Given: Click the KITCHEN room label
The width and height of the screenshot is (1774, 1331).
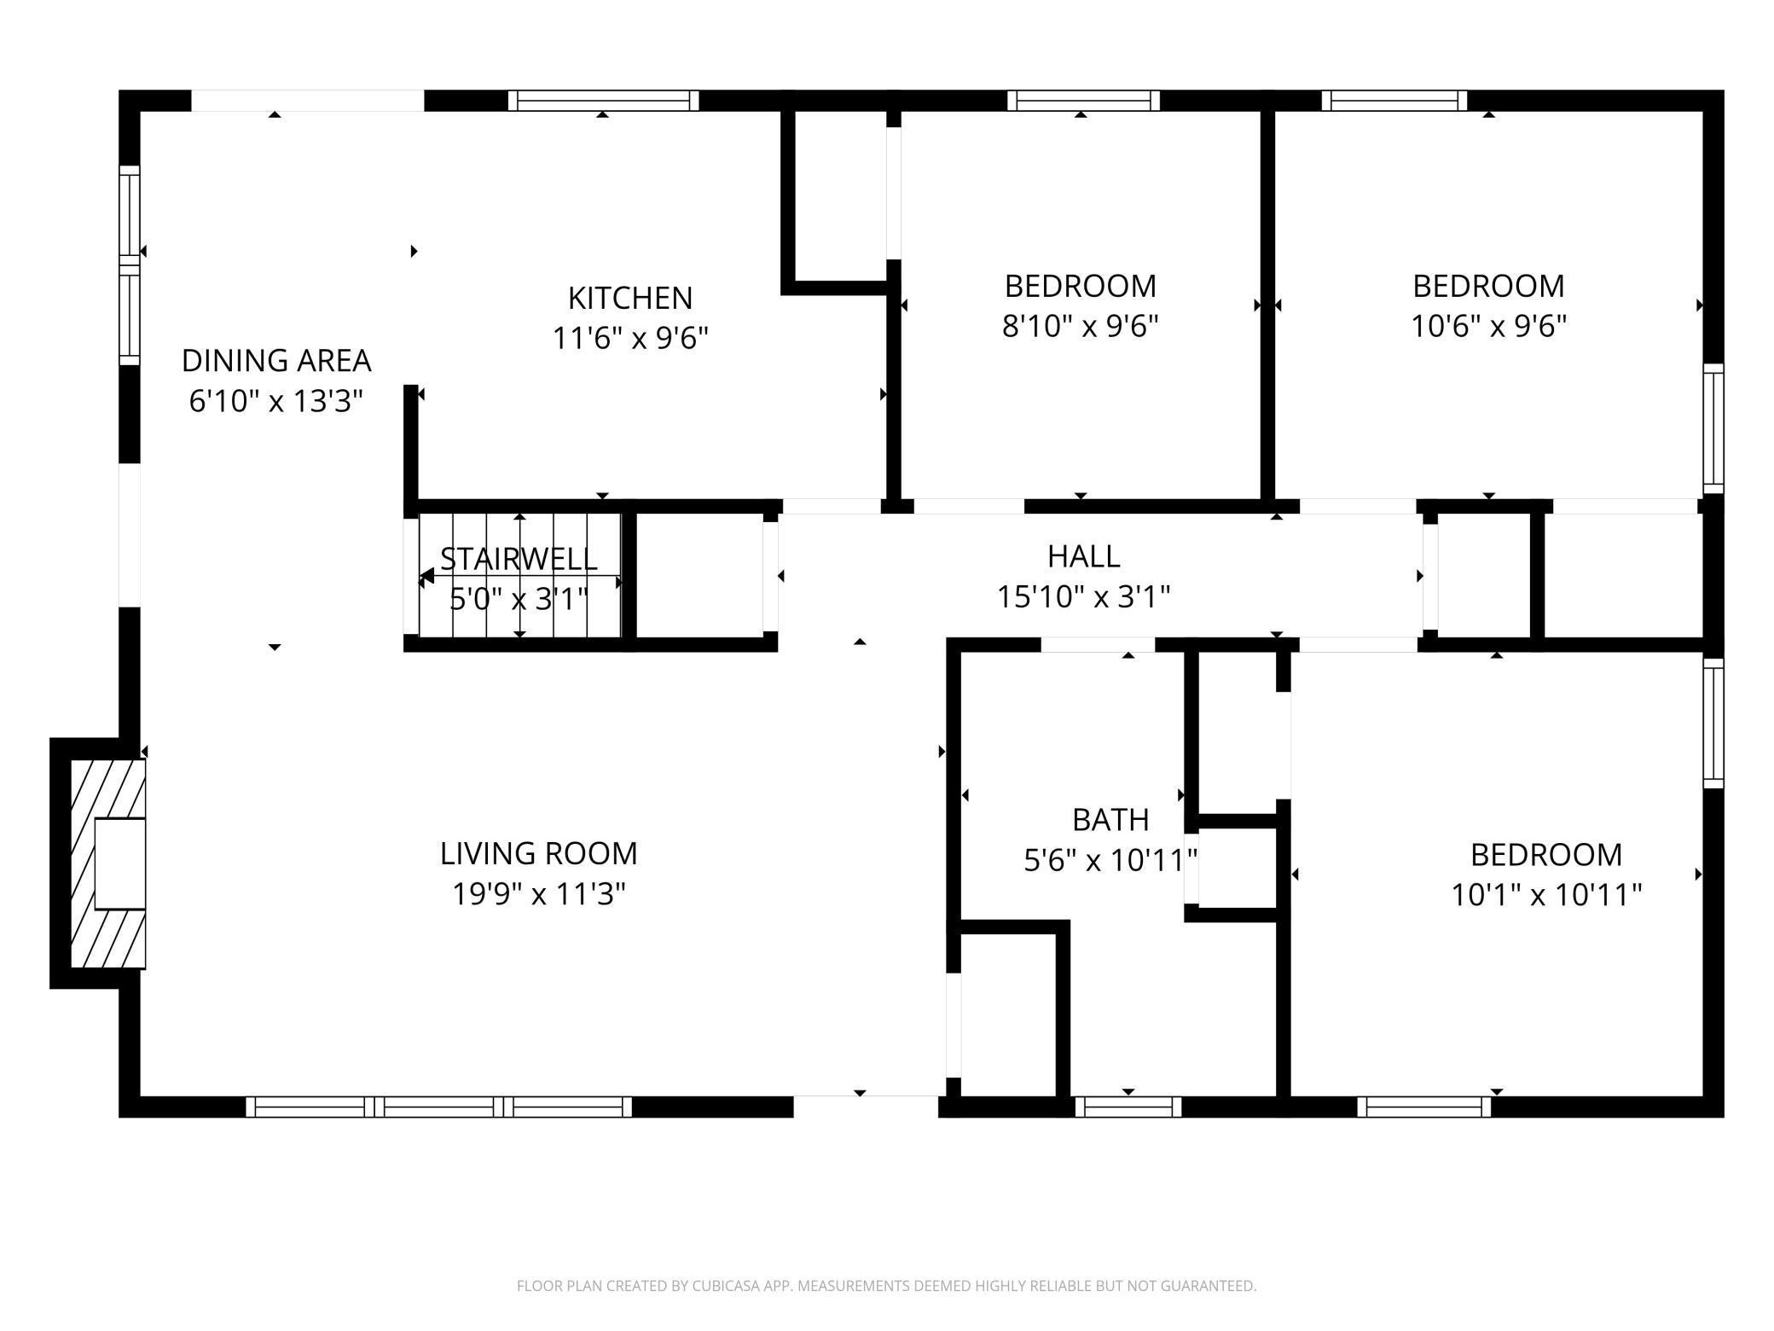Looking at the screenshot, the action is tap(630, 298).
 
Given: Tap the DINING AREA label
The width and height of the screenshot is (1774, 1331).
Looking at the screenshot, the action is tap(276, 361).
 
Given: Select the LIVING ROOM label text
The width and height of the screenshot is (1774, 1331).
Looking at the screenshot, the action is tap(538, 853).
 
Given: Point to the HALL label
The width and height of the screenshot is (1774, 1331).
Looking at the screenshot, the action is tap(1083, 556).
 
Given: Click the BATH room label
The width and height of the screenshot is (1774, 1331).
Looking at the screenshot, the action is tap(1110, 820).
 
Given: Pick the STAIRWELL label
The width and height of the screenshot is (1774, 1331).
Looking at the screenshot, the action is tap(519, 559).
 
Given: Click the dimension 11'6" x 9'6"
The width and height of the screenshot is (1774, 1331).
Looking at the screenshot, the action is tap(630, 339).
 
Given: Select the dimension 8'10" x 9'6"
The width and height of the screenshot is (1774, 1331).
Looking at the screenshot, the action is tap(1080, 326).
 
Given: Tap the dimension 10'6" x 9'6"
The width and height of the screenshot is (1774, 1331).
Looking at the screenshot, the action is tap(1488, 326).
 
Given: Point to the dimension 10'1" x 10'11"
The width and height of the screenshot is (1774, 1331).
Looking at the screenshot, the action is tap(1546, 895).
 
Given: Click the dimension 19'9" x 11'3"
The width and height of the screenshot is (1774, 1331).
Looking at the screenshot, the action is tap(538, 894).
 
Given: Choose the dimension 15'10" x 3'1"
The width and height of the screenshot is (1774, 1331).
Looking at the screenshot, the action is tap(1083, 596).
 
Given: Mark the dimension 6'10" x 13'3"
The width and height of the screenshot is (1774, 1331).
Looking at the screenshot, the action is tap(276, 401).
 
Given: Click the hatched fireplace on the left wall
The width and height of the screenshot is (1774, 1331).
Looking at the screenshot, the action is tap(107, 863).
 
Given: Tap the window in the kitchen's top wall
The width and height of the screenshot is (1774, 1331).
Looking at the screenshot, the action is tap(604, 101).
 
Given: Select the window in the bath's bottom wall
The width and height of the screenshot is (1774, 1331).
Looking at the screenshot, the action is tap(1128, 1107).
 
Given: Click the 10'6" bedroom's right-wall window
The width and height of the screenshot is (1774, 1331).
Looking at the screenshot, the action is tap(1713, 428).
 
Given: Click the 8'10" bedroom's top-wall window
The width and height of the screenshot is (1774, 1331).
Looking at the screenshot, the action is tap(1083, 101).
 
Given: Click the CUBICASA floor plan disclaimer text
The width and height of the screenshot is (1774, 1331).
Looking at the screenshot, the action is tap(886, 1285).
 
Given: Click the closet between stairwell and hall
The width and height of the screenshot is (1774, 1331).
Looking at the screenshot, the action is tap(700, 575).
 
